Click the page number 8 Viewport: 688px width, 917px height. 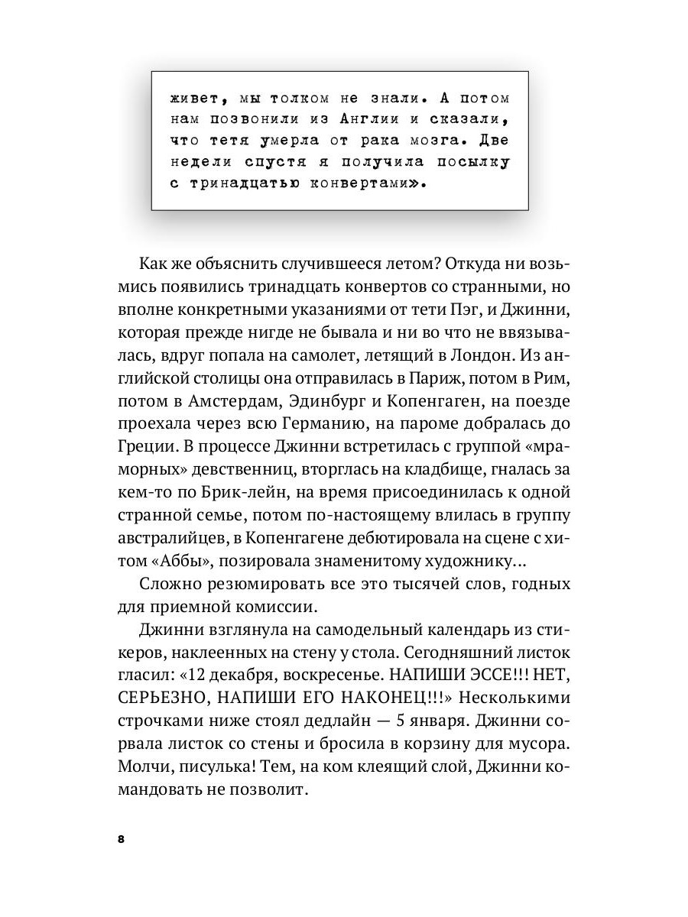121,839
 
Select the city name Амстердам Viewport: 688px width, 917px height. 230,400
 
